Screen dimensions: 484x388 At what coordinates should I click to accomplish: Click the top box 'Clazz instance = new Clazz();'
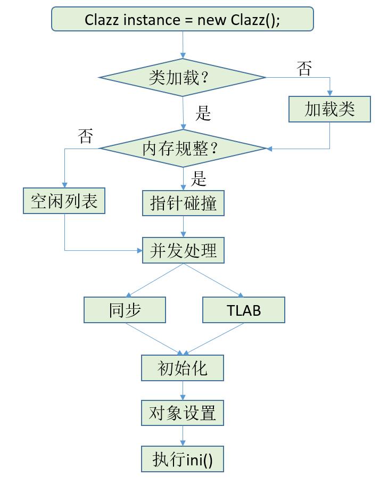coord(183,20)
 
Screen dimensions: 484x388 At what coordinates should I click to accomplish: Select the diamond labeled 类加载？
coord(183,78)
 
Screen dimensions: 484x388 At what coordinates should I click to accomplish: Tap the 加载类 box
coord(329,109)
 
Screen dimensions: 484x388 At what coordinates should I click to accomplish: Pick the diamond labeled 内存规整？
coord(183,149)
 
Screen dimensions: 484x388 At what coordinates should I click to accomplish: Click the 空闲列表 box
coord(64,201)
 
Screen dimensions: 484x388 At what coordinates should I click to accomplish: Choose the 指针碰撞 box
coord(183,203)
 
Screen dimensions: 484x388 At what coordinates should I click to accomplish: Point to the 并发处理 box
coord(183,250)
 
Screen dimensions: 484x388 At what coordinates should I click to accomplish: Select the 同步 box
coord(125,310)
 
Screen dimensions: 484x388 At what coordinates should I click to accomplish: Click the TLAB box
coord(244,310)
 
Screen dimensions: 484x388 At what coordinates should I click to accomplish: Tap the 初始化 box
coord(183,368)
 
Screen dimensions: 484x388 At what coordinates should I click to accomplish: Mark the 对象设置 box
coord(183,413)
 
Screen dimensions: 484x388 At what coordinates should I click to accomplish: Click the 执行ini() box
coord(183,459)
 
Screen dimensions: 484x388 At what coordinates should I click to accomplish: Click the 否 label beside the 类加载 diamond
coord(304,69)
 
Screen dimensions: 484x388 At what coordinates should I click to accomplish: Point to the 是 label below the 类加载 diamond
coord(203,113)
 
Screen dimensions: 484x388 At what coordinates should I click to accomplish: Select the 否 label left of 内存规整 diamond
coord(85,136)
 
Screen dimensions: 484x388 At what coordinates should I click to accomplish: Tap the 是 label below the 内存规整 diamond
coord(199,179)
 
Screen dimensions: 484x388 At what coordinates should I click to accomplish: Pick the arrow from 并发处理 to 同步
coord(154,281)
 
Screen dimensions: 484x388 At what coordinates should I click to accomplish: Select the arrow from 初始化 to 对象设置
coord(183,390)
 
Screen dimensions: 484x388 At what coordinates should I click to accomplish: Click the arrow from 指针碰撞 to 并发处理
coord(183,227)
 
